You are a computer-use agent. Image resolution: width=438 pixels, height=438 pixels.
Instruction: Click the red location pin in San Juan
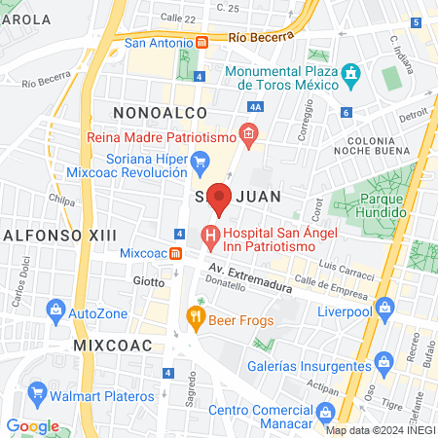[x=220, y=197]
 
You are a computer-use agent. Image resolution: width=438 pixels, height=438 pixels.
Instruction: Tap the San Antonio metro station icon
[x=201, y=42]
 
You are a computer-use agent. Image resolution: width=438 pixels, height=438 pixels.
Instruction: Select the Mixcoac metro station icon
[x=175, y=253]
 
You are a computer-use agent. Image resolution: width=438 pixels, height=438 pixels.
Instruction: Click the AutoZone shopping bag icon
[x=55, y=313]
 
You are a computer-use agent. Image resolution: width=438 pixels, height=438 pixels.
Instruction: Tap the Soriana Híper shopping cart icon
[x=201, y=162]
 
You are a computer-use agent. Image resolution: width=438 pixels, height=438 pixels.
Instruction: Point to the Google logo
[x=33, y=426]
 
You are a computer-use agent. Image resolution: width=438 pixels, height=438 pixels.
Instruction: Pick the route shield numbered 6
[x=347, y=112]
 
